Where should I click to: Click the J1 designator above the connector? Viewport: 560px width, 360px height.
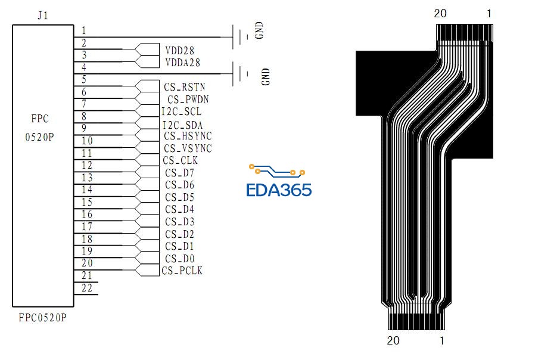point(42,16)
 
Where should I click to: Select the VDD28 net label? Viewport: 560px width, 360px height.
point(179,51)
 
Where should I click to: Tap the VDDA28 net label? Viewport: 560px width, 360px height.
point(182,63)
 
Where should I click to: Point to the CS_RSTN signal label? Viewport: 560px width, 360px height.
point(184,87)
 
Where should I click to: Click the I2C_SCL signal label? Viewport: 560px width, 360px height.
point(181,111)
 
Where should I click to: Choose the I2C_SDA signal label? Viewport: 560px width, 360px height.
point(182,125)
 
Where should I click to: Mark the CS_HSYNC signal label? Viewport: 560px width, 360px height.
point(188,136)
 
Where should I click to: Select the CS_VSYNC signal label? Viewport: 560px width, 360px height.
point(188,148)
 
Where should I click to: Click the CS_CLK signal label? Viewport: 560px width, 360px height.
point(180,160)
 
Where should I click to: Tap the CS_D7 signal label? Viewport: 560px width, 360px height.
point(179,173)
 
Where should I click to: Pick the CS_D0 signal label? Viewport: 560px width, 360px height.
point(179,259)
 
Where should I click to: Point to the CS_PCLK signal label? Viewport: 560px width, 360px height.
point(182,271)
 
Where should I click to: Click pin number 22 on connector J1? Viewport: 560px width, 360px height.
point(87,288)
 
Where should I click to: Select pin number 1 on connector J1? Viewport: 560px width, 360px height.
point(83,30)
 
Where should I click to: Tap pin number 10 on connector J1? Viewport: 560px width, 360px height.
point(87,141)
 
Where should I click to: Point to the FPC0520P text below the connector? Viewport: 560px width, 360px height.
point(42,318)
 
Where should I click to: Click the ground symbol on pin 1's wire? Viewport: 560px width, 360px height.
point(241,36)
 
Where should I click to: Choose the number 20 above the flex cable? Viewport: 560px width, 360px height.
point(440,14)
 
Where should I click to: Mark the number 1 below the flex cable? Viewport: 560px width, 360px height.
point(441,341)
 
